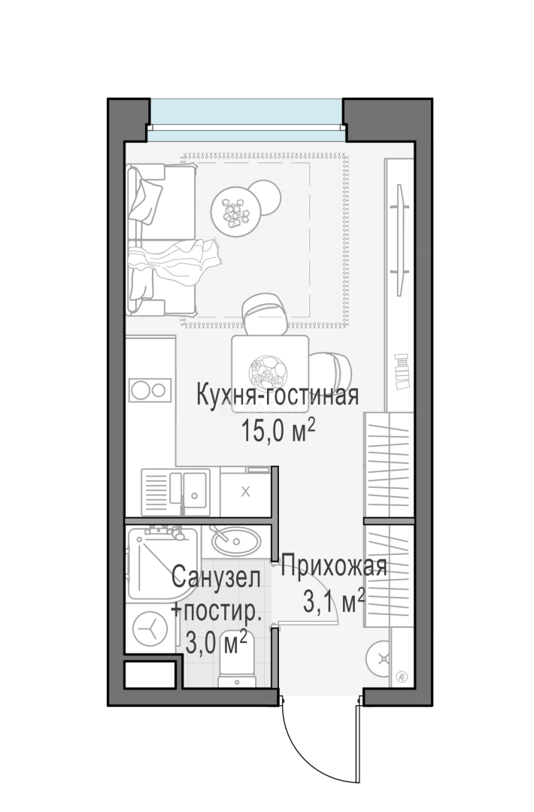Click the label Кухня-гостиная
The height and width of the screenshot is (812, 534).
tap(276, 395)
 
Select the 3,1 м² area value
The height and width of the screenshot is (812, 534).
tap(333, 601)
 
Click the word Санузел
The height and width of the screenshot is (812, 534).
tap(217, 579)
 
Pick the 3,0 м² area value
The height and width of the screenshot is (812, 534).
tap(217, 643)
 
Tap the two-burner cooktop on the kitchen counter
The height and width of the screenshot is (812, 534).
tap(148, 390)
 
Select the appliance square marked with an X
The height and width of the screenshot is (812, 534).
tap(245, 492)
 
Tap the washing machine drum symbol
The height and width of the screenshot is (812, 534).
tap(148, 628)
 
